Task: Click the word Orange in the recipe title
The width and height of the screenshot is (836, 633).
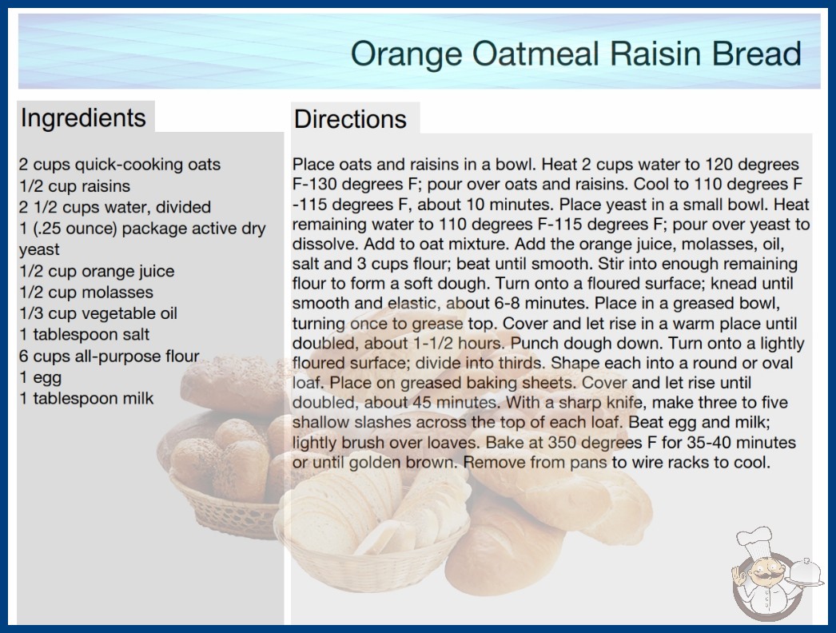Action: (x=407, y=54)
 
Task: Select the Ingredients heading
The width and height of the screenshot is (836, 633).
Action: (x=83, y=118)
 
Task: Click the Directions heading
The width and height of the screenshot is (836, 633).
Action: (x=350, y=119)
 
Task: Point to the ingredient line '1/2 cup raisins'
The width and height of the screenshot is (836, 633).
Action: (x=74, y=186)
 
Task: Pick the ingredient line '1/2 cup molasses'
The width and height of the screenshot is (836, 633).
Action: (x=86, y=293)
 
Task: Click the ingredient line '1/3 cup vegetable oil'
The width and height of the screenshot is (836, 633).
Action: (x=98, y=313)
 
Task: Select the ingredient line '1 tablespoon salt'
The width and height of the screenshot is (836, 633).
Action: (x=84, y=335)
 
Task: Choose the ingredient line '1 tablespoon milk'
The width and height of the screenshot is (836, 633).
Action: (x=86, y=399)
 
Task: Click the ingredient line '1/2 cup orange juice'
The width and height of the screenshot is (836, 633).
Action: (x=97, y=272)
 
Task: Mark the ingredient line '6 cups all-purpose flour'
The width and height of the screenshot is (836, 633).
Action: (x=109, y=356)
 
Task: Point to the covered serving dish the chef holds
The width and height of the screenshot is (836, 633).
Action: (x=806, y=571)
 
